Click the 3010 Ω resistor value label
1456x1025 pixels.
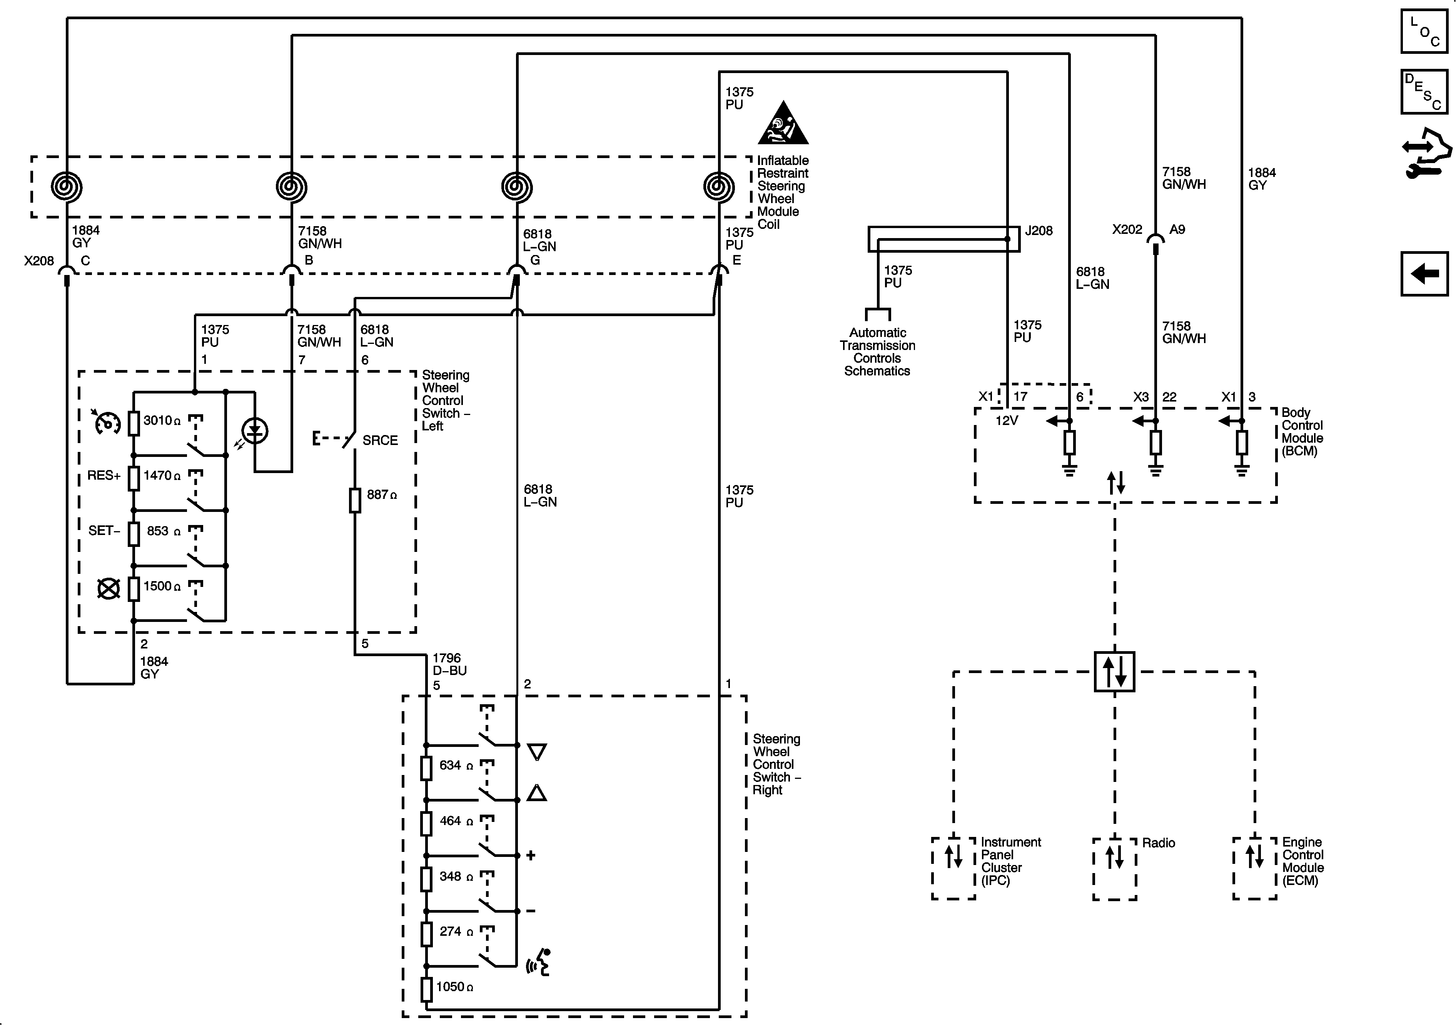click(162, 420)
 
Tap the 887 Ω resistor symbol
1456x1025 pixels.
click(355, 500)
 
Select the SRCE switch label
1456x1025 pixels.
click(380, 440)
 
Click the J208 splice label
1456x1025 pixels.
click(1039, 231)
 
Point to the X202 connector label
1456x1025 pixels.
click(1127, 230)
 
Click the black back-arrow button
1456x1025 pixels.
click(1424, 274)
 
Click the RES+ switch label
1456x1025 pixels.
click(104, 475)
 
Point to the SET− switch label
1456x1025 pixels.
click(104, 530)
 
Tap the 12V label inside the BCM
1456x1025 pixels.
click(1007, 420)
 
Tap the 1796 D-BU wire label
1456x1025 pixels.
click(449, 664)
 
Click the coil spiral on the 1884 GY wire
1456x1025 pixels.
click(67, 187)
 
